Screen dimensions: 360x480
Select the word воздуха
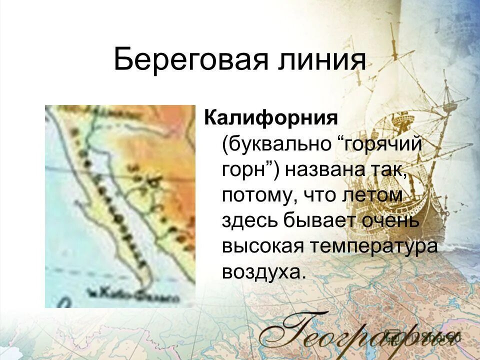(262, 271)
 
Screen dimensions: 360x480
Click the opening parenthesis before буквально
(226, 145)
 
